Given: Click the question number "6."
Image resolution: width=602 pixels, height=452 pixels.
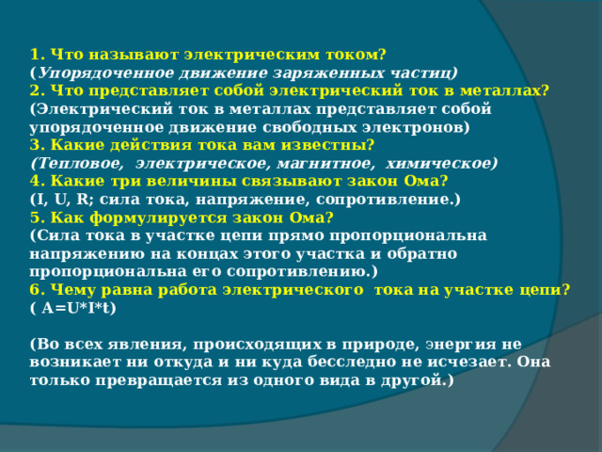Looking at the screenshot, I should [x=37, y=290].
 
